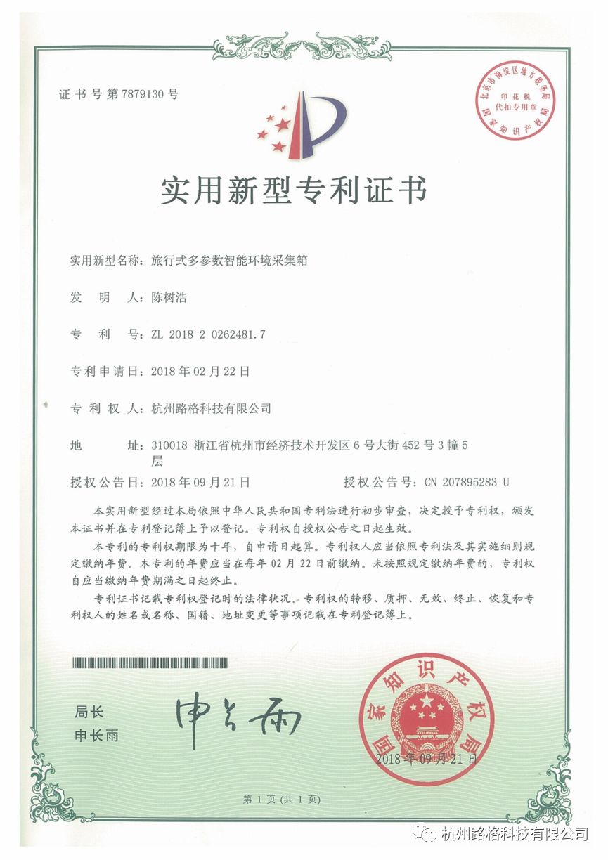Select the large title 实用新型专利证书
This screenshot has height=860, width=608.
click(x=293, y=190)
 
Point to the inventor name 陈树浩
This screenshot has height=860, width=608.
click(x=169, y=297)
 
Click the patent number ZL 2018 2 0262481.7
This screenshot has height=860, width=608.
click(x=208, y=334)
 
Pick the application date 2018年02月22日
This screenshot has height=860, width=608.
click(x=200, y=370)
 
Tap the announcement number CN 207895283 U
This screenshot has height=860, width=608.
click(x=467, y=482)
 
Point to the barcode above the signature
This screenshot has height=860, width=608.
click(x=150, y=661)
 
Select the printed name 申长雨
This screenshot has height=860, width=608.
click(x=97, y=736)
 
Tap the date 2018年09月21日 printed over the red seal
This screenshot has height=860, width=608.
click(x=426, y=758)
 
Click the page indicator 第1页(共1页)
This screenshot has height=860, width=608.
click(x=281, y=799)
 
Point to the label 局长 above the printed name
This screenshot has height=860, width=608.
click(x=89, y=712)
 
